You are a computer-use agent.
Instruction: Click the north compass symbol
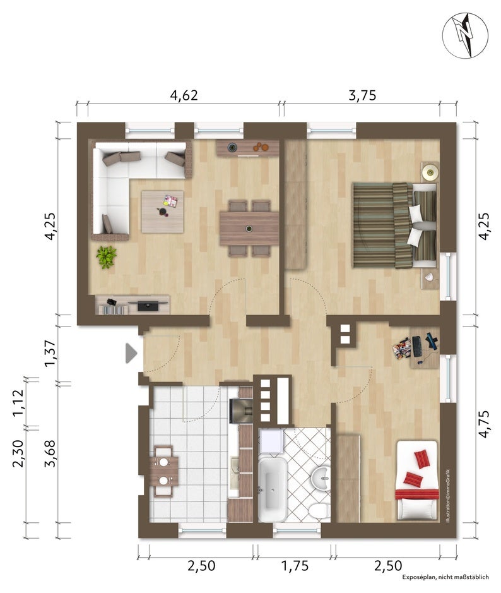pos(465,36)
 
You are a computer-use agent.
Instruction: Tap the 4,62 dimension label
pos(184,95)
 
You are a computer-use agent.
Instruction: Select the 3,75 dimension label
pos(362,95)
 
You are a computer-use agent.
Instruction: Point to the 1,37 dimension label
pos(50,353)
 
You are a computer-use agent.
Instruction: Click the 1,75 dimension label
pos(295,566)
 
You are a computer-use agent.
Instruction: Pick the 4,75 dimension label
pos(484,424)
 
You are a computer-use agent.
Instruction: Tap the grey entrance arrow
pos(131,353)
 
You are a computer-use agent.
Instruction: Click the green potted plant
pos(106,257)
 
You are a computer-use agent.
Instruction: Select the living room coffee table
pos(162,212)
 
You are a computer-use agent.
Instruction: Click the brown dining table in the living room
pos(249,229)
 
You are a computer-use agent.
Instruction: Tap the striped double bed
pos(395,225)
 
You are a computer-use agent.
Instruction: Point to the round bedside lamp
pos(430,173)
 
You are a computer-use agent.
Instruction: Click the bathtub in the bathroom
pos(272,489)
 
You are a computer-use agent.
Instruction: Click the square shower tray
pos(271,441)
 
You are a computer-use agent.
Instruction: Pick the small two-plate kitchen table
pos(163,471)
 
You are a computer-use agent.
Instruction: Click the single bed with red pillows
pos(417,481)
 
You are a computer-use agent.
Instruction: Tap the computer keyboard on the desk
pos(416,346)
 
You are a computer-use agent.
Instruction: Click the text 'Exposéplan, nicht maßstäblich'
pos(445,577)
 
